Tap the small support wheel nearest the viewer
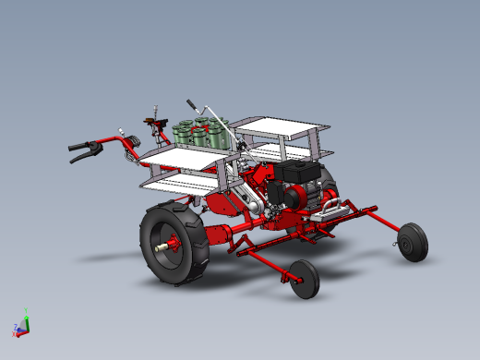click(303, 278)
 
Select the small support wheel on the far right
click(412, 243)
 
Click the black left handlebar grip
click(81, 152)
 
